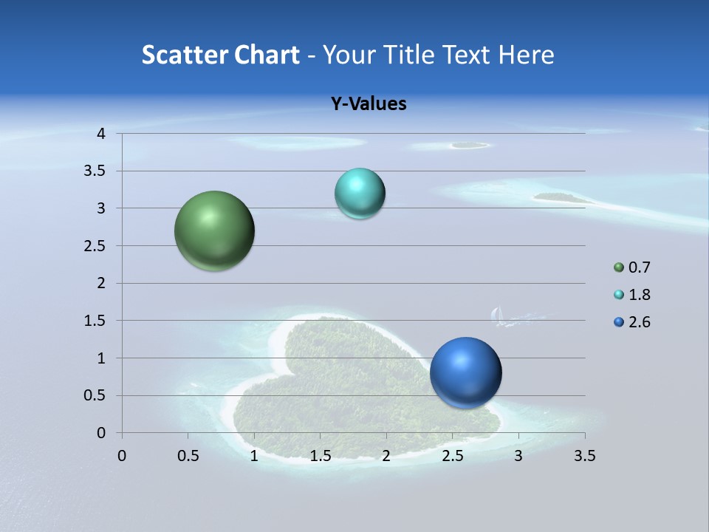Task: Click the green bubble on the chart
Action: click(x=215, y=231)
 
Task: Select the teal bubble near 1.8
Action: click(x=360, y=194)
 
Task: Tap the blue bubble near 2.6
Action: click(x=465, y=372)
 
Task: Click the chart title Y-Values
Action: click(x=368, y=104)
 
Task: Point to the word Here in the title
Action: click(x=526, y=55)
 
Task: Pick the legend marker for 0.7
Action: click(x=619, y=267)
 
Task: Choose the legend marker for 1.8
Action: click(x=619, y=295)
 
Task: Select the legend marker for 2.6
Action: click(x=619, y=322)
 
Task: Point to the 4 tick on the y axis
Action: click(x=101, y=134)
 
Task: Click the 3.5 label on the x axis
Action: click(x=584, y=456)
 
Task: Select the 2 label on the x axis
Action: click(x=386, y=456)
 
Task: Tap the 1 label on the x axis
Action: click(x=254, y=456)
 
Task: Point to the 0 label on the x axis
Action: click(x=122, y=456)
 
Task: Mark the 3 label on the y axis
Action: click(x=101, y=208)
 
